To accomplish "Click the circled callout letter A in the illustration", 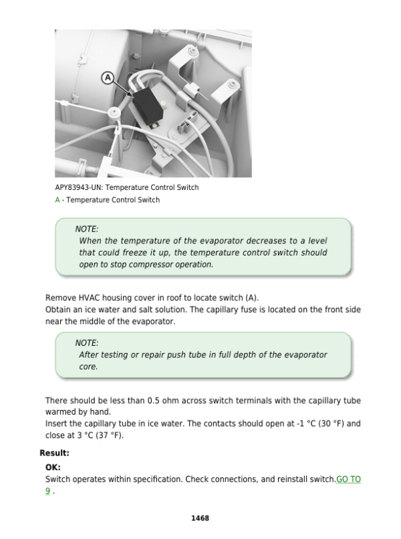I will coord(107,78).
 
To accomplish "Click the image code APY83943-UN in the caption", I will coord(80,187).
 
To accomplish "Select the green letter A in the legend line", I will coord(57,200).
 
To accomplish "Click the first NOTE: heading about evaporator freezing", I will coord(87,229).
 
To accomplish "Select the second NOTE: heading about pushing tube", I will coord(87,343).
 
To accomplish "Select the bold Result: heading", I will coord(54,453).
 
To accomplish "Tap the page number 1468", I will coord(200,518).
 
